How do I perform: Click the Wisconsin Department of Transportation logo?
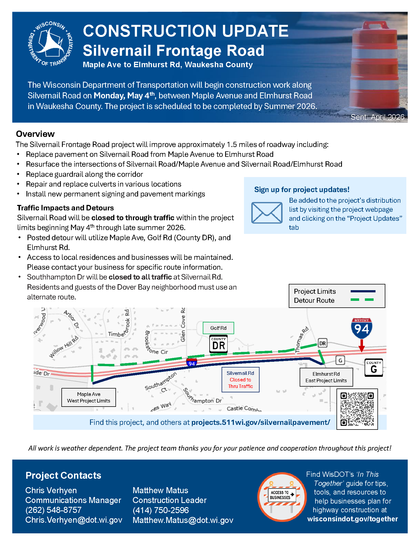point(50,44)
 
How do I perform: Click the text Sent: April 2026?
point(377,117)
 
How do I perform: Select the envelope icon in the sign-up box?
point(267,213)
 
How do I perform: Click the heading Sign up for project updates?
point(302,190)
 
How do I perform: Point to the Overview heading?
point(35,134)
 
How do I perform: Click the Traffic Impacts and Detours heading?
point(65,208)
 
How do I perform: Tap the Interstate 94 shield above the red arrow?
point(362,328)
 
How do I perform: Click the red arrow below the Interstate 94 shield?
point(362,346)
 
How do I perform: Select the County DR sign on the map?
point(218,344)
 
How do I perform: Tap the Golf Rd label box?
point(218,328)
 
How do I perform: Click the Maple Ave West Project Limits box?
point(89,398)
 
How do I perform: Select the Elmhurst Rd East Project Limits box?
point(326,377)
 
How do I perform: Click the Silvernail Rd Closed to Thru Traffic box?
point(240,380)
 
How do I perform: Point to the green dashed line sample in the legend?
point(362,300)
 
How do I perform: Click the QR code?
point(357,409)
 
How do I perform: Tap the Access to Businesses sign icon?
point(282,497)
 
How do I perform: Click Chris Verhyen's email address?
point(74,520)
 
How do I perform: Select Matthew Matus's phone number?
point(160,510)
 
